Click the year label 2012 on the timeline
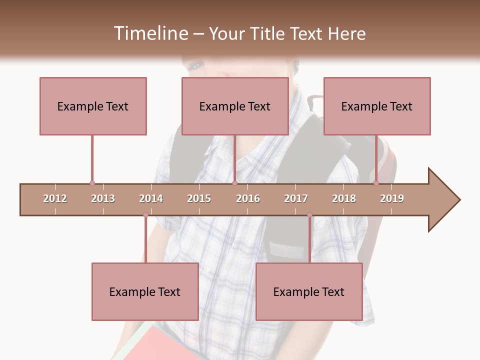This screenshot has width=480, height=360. (x=55, y=198)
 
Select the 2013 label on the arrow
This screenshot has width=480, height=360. (x=103, y=198)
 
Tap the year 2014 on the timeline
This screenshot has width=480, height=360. (x=151, y=198)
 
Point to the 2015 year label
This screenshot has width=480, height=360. (x=199, y=198)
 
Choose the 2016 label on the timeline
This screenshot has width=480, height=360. (x=248, y=198)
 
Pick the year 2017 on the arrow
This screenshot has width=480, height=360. (x=296, y=198)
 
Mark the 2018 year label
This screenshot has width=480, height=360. (x=344, y=198)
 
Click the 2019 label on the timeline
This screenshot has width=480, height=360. (x=392, y=198)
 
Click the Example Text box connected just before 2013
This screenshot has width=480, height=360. (x=93, y=106)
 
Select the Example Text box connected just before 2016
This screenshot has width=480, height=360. (x=235, y=106)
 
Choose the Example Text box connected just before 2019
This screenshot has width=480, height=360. (x=377, y=106)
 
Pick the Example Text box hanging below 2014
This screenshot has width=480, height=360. (x=145, y=291)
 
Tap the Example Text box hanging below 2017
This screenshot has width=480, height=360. (x=309, y=291)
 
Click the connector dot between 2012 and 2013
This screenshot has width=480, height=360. (x=92, y=183)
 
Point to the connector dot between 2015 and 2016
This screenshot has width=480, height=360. (x=234, y=183)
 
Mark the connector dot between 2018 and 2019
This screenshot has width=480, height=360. (x=376, y=183)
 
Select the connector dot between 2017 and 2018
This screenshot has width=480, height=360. (x=309, y=215)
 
